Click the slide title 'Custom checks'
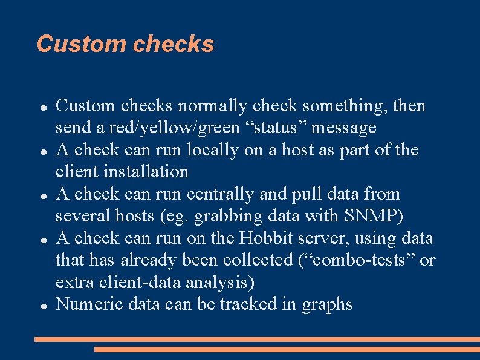(125, 44)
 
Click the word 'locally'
(212, 150)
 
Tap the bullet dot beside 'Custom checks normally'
(44, 107)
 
